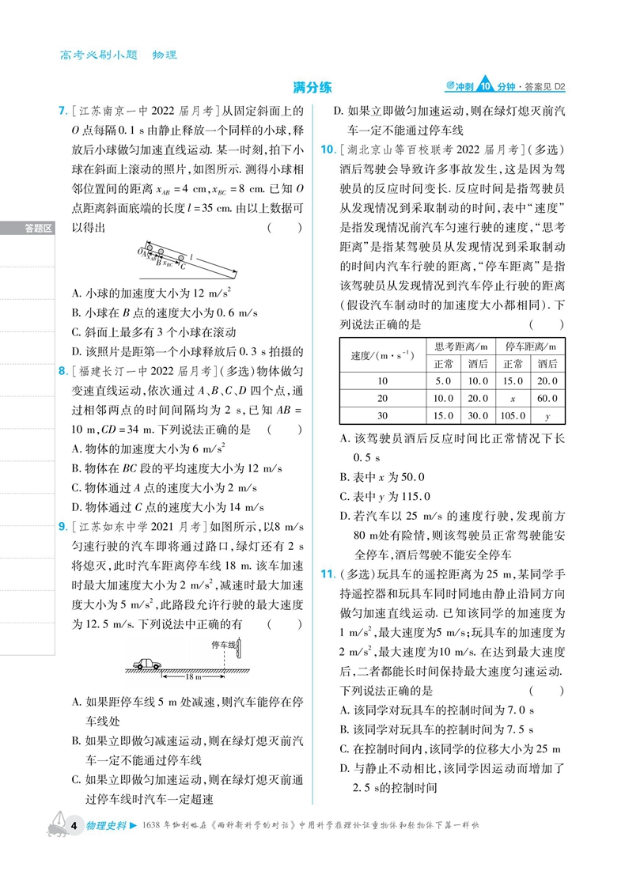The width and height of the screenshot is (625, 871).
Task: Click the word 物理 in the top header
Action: click(165, 55)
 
